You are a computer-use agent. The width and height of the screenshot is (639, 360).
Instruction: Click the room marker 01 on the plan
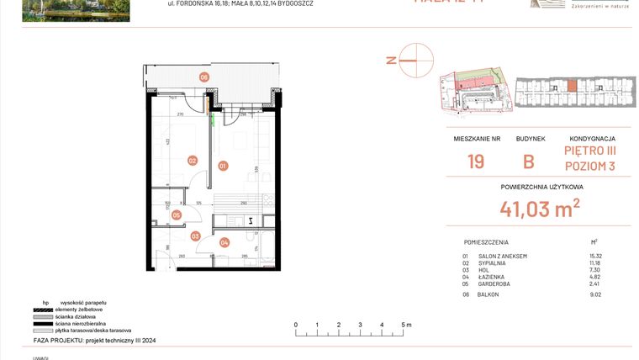[x=223, y=166]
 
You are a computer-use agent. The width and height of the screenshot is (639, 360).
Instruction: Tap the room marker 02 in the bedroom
[x=192, y=161]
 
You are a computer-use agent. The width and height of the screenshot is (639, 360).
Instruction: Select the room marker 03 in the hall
[x=195, y=236]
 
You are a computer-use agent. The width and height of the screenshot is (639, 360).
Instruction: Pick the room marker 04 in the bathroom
[x=224, y=242]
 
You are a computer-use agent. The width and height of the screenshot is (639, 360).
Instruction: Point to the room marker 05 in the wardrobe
[x=176, y=214]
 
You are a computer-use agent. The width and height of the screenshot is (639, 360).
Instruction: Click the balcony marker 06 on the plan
[x=203, y=77]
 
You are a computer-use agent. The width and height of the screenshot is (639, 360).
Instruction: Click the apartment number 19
[x=476, y=162]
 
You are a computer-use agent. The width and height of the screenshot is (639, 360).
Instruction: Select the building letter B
[x=529, y=162]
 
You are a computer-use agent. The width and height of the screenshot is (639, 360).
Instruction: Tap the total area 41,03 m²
[x=541, y=208]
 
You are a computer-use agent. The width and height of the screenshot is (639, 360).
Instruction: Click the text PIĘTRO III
[x=589, y=151]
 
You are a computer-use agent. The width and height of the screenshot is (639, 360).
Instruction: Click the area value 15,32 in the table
[x=597, y=256]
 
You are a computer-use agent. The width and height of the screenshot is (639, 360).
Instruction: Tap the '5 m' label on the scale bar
[x=405, y=324]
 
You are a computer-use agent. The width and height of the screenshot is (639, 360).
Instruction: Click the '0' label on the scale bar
[x=295, y=324]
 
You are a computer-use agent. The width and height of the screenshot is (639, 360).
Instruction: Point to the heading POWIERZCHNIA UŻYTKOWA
[x=541, y=187]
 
